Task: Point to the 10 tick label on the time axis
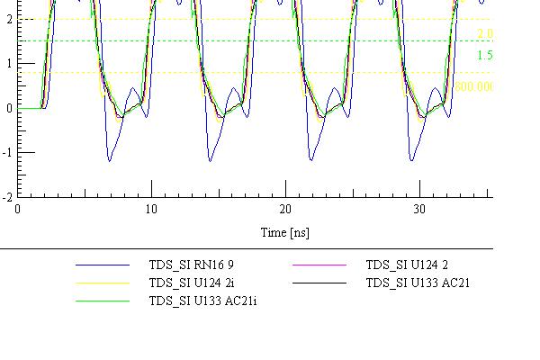click(x=151, y=209)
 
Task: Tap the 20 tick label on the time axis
click(x=285, y=209)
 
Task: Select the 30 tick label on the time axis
click(x=419, y=209)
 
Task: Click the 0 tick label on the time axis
click(x=18, y=209)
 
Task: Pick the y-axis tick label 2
click(x=8, y=19)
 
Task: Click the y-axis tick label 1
click(x=8, y=63)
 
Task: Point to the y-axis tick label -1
click(x=6, y=152)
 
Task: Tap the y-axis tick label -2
click(x=6, y=195)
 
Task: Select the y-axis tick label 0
click(x=8, y=108)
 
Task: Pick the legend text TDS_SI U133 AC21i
click(x=202, y=300)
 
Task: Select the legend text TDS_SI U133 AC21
click(x=418, y=283)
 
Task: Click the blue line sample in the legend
click(x=103, y=266)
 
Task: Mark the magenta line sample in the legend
click(x=320, y=266)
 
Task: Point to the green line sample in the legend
click(x=103, y=301)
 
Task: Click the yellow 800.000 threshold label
click(x=474, y=86)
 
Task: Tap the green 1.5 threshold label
click(x=485, y=55)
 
